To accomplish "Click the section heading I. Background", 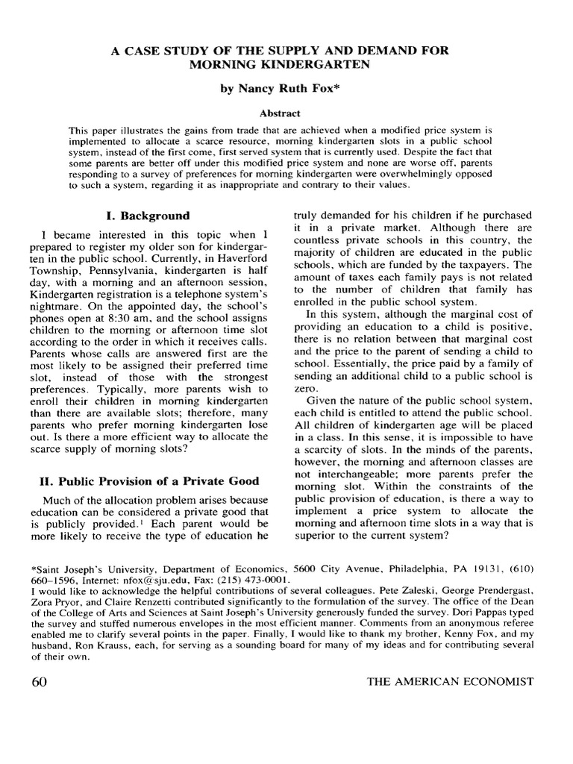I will point(148,216).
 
